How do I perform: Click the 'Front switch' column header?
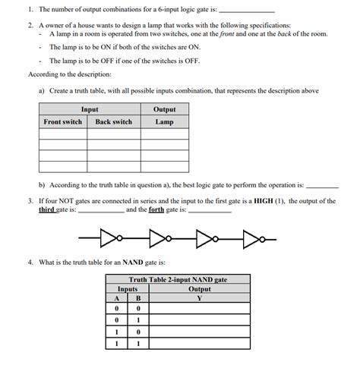63,121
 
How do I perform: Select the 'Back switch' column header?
113,121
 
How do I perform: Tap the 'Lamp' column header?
165,121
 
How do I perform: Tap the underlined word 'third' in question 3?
46,209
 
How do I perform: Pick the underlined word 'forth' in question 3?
156,209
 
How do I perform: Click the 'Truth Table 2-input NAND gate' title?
178,280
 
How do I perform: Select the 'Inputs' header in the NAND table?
127,288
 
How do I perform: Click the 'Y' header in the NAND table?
200,297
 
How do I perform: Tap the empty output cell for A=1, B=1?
200,344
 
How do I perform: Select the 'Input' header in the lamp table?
90,110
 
